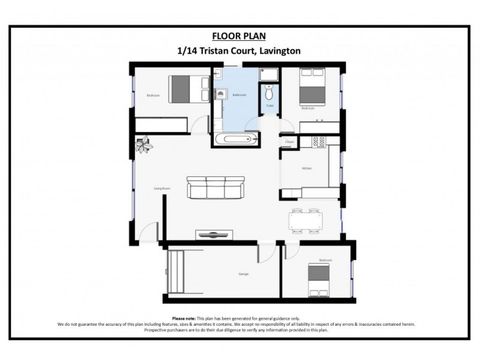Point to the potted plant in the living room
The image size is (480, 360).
pos(143,144)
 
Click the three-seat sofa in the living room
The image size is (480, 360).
pos(216,187)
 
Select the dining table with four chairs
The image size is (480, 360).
pos(305,220)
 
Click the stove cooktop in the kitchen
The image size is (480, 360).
pos(319,142)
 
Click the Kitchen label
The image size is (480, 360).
pos(306,169)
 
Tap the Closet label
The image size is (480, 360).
pos(289,142)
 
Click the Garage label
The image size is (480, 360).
pos(243,274)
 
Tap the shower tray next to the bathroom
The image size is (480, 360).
pos(269,74)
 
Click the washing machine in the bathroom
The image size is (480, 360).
pos(221,94)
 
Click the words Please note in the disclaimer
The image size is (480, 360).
pos(184,318)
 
